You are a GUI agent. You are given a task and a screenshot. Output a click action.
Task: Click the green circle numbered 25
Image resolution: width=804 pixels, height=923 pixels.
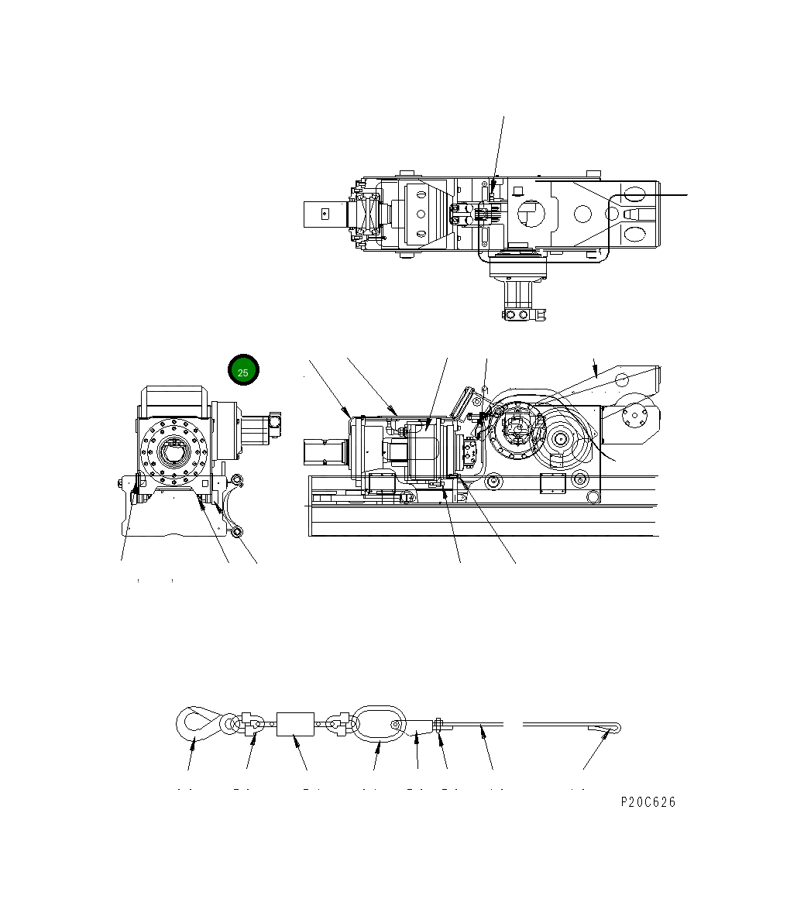242,372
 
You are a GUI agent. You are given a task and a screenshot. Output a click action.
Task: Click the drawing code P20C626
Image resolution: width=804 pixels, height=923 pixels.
648,802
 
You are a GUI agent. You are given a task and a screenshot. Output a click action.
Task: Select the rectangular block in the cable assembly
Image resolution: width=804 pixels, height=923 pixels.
295,725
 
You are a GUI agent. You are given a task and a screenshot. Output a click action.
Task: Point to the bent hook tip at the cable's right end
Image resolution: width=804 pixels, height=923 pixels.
610,727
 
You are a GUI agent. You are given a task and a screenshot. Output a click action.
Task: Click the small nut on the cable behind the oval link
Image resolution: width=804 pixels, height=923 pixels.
438,725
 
